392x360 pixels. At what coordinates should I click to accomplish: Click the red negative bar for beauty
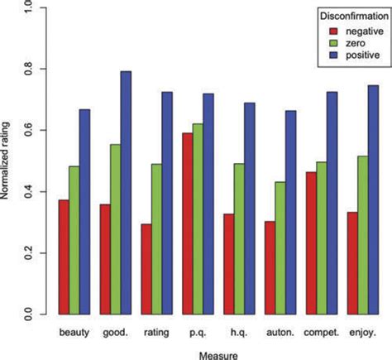coord(64,257)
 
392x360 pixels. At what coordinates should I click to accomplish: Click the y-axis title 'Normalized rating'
coord(8,162)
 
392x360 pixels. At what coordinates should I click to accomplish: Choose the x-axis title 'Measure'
coord(218,353)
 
